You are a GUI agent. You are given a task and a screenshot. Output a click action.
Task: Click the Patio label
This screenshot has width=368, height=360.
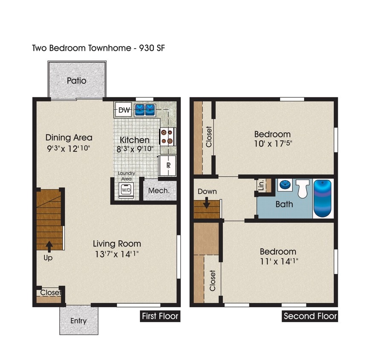[x=77, y=81]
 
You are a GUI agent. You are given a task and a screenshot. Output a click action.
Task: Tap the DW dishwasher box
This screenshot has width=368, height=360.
[x=124, y=110]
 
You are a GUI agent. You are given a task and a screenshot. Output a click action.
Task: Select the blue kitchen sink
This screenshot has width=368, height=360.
[x=145, y=110]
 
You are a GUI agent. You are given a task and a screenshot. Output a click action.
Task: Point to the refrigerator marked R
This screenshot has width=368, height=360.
[x=168, y=165]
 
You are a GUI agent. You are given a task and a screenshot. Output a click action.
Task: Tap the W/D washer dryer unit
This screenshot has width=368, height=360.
[x=127, y=189]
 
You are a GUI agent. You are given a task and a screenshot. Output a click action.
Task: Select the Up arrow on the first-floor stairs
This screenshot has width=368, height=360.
[x=49, y=246]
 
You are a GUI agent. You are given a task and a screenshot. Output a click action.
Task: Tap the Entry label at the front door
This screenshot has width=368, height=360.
[x=78, y=321]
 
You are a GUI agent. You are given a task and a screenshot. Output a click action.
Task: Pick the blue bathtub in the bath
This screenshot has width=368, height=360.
[x=323, y=198]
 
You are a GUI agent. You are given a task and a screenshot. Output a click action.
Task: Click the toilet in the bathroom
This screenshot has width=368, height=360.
[x=303, y=189]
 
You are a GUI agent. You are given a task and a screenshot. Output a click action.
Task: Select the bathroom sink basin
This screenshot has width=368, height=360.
[x=285, y=186]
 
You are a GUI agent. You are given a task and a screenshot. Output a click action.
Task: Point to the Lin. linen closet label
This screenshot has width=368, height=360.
[x=261, y=185]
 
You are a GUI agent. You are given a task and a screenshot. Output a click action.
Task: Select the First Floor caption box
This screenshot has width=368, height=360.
[x=160, y=316]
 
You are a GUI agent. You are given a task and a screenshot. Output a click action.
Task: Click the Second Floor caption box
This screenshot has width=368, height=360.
[x=310, y=316]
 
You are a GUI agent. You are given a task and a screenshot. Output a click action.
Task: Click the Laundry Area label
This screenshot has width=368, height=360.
[x=127, y=176]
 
